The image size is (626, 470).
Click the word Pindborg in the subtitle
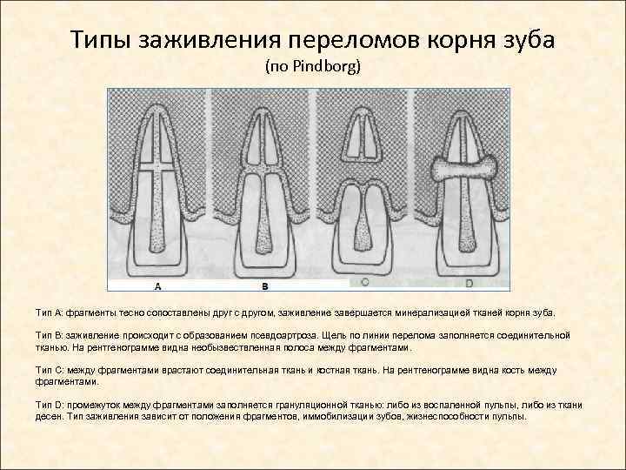(x=330, y=66)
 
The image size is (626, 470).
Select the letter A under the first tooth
(x=157, y=285)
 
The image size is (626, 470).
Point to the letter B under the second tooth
(x=265, y=285)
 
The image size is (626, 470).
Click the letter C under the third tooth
(x=364, y=283)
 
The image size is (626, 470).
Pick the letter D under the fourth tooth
(x=469, y=283)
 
